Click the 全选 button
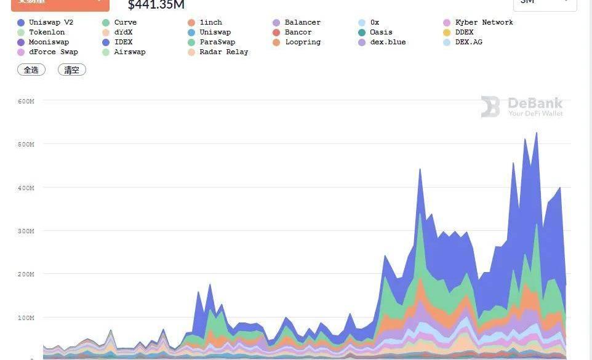(31, 70)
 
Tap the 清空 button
(72, 70)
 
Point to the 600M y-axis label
(26, 101)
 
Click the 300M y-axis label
(26, 231)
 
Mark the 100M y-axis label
(26, 318)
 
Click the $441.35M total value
(156, 5)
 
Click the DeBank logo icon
(490, 106)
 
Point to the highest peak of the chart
(537, 132)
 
